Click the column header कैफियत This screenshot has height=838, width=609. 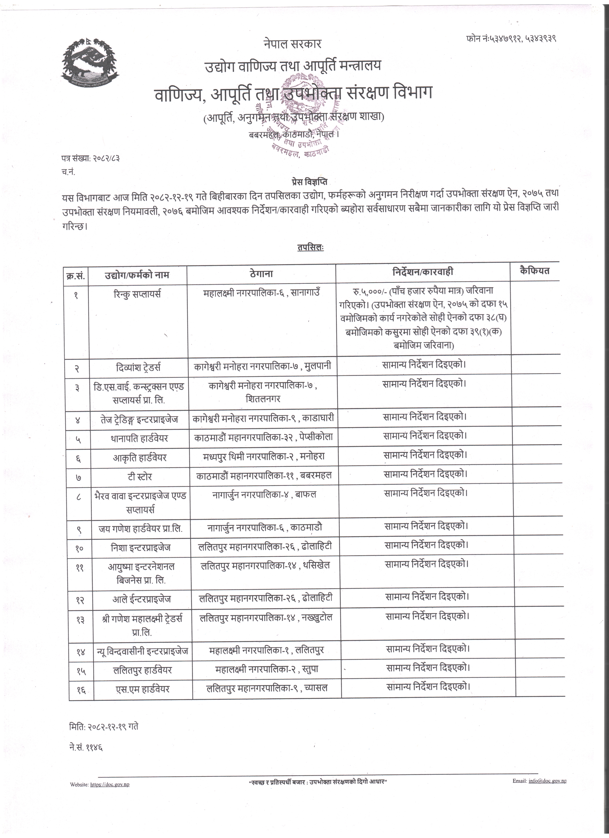coord(534,271)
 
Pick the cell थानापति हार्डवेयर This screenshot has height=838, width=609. coord(139,438)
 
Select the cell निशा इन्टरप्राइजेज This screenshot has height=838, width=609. coord(141,547)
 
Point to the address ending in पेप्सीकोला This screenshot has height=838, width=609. coord(263,437)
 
